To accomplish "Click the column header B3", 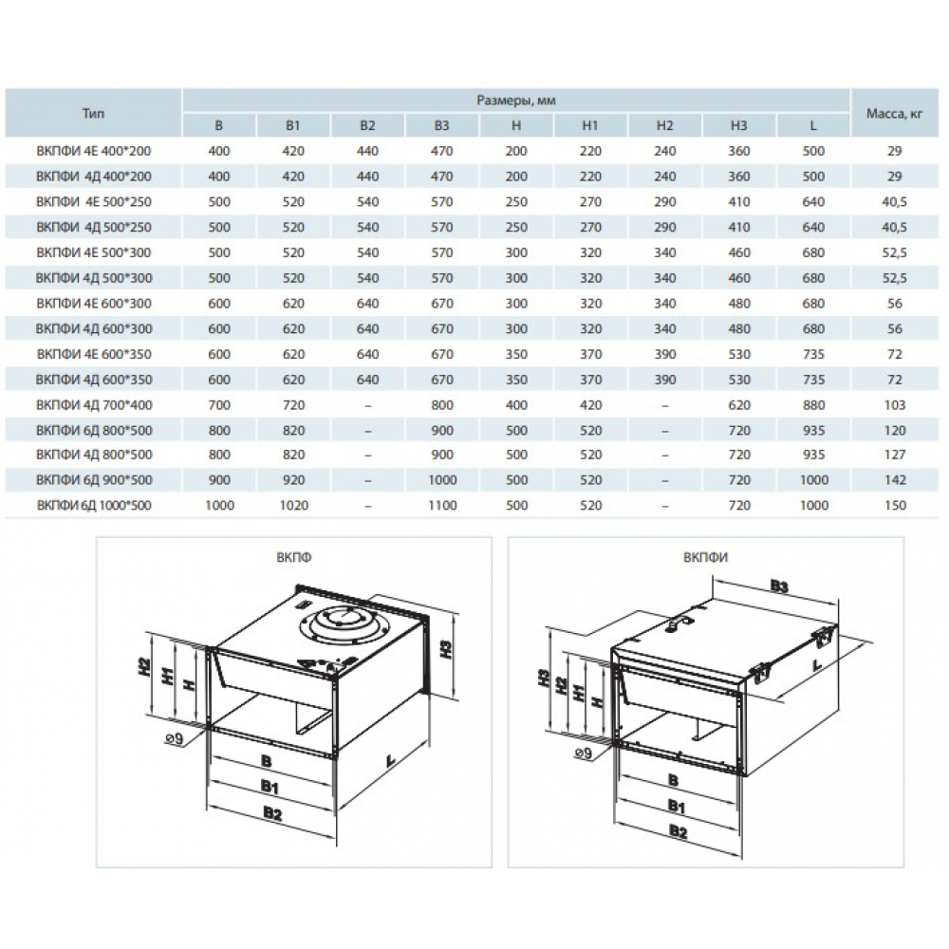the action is click(x=442, y=126).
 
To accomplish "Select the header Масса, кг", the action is click(x=894, y=113).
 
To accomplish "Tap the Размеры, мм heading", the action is click(x=516, y=101).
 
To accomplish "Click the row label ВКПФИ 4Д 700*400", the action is click(x=94, y=405).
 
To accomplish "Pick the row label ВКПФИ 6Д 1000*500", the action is click(x=94, y=506).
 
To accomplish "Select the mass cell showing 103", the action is click(x=895, y=405).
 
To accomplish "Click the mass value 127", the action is click(x=895, y=455).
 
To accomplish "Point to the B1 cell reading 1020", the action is click(x=293, y=506).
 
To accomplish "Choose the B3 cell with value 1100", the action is click(x=442, y=506).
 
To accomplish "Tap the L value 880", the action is click(x=813, y=405).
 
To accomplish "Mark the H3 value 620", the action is click(x=739, y=405).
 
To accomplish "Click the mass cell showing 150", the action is click(x=895, y=506).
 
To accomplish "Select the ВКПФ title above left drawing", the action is click(x=293, y=557).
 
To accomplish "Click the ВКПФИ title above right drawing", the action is click(x=705, y=557).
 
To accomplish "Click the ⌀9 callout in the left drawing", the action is click(x=174, y=738).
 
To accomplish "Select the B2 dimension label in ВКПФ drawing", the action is click(x=273, y=813).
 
